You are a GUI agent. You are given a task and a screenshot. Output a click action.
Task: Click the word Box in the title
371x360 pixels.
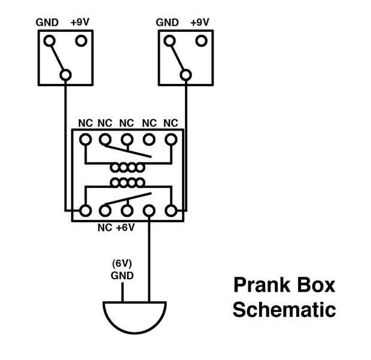[315, 285]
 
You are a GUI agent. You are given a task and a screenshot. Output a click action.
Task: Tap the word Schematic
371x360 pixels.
[284, 310]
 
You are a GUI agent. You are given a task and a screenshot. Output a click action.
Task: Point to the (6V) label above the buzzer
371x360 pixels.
[122, 264]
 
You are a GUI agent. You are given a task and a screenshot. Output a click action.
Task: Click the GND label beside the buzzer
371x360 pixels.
[122, 276]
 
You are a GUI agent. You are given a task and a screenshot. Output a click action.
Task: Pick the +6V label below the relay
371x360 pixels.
[125, 228]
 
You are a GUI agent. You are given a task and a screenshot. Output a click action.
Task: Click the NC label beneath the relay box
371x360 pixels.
[105, 228]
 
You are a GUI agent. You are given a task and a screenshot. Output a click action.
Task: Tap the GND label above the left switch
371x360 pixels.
[47, 23]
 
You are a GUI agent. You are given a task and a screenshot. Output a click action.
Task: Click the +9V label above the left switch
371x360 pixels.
[81, 23]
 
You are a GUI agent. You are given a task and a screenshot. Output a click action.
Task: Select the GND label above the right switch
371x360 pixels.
[168, 23]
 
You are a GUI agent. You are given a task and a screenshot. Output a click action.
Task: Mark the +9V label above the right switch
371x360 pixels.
[200, 23]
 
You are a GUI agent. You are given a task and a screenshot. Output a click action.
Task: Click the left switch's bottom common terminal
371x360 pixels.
[65, 75]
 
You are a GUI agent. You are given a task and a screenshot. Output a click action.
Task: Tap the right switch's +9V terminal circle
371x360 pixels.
[201, 41]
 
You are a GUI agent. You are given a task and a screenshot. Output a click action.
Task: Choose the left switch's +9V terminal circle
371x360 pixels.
[81, 41]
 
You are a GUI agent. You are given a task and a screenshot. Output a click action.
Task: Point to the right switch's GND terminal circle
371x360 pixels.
[169, 41]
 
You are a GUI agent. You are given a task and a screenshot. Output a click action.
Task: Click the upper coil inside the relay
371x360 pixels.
[127, 168]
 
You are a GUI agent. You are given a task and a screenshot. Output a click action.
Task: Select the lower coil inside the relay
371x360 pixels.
[127, 181]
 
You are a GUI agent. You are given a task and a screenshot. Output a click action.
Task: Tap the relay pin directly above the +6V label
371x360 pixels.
[127, 211]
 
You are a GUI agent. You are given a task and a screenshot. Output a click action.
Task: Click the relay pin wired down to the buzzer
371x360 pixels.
[149, 211]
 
